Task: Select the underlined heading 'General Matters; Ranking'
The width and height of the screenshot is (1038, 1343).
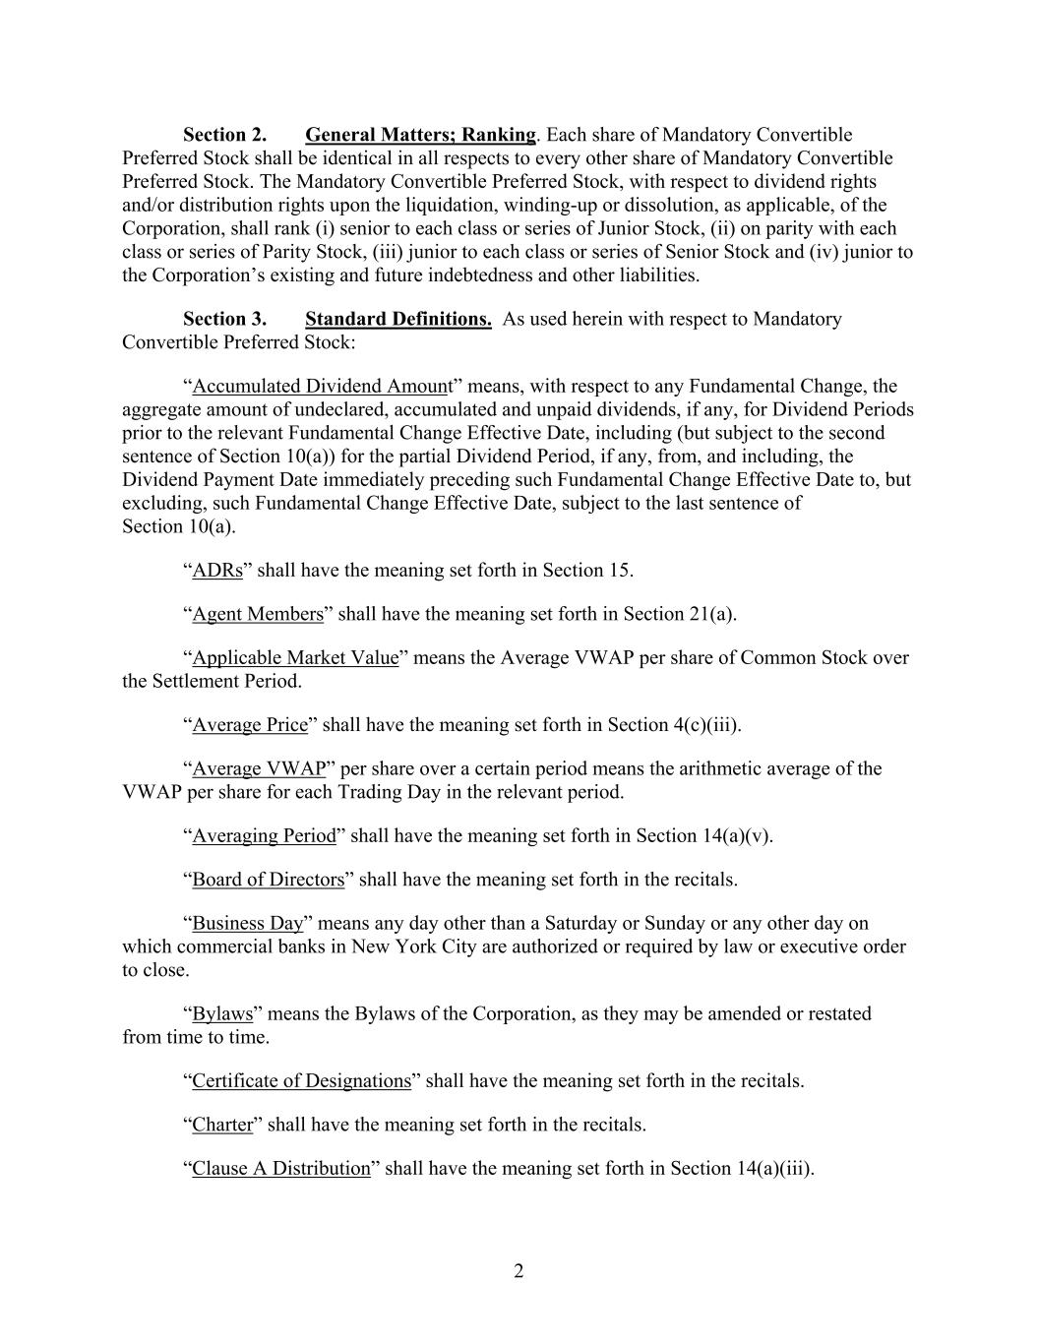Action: [420, 135]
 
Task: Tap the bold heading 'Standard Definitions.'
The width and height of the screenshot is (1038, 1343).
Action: [398, 319]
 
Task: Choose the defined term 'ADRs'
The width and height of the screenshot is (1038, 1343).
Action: [217, 571]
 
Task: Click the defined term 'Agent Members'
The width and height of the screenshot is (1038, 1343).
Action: [258, 614]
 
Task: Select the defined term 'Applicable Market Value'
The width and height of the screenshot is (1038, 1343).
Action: [295, 657]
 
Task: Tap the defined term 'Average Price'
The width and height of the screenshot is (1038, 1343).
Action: [250, 725]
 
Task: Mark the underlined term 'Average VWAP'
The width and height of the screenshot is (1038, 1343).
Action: [259, 768]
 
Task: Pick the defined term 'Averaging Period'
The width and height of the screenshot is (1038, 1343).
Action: [264, 835]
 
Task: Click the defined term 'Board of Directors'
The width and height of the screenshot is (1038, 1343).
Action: [269, 880]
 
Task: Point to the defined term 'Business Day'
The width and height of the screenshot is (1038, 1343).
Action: [248, 923]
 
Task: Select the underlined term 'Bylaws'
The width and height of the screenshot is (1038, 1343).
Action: [222, 1013]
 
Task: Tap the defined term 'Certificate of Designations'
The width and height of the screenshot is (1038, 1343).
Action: [301, 1080]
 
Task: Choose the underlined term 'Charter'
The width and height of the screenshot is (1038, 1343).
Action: [222, 1125]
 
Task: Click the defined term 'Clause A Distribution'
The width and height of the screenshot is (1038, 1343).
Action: [281, 1168]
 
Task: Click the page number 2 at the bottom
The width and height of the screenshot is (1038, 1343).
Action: [519, 1270]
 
